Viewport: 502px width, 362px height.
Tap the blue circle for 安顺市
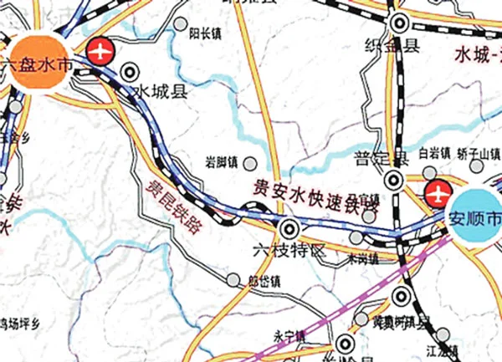[476, 217]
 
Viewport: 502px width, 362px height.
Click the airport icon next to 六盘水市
[101, 51]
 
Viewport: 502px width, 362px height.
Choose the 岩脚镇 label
[221, 161]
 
